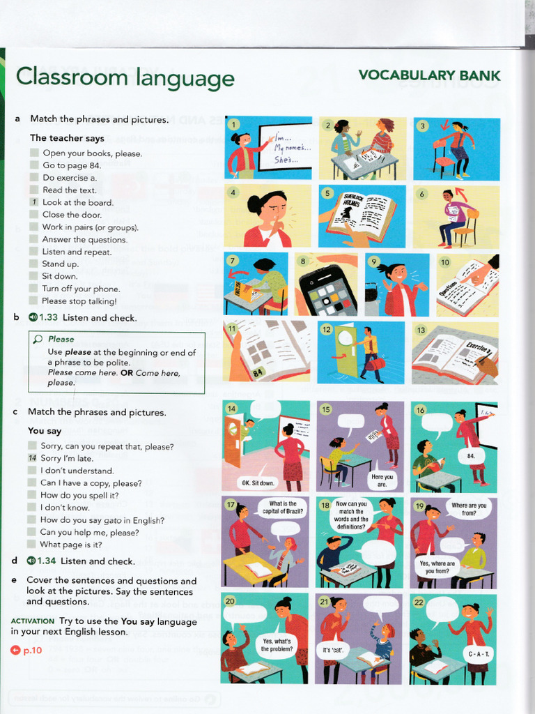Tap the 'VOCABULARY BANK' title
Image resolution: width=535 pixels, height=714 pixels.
pos(429,75)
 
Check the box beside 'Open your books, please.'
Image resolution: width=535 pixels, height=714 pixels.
pos(34,153)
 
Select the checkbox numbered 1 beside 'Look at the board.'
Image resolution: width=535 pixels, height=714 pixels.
pos(34,202)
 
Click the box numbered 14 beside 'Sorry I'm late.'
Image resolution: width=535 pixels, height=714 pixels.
pos(32,458)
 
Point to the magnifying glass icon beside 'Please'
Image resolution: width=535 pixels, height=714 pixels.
pos(38,340)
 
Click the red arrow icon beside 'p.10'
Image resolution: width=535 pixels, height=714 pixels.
pos(16,650)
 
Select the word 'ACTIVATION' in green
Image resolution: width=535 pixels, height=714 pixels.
pos(33,621)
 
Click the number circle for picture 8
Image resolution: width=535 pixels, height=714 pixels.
pos(303,262)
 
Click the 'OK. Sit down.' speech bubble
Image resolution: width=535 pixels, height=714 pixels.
pos(258,482)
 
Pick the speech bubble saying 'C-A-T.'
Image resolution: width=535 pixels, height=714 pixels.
pos(479,653)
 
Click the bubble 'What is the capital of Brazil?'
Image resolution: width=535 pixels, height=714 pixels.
pos(283,508)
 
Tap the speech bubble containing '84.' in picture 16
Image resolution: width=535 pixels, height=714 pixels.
pos(471,456)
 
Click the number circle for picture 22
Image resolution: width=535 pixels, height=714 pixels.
pos(419,602)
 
